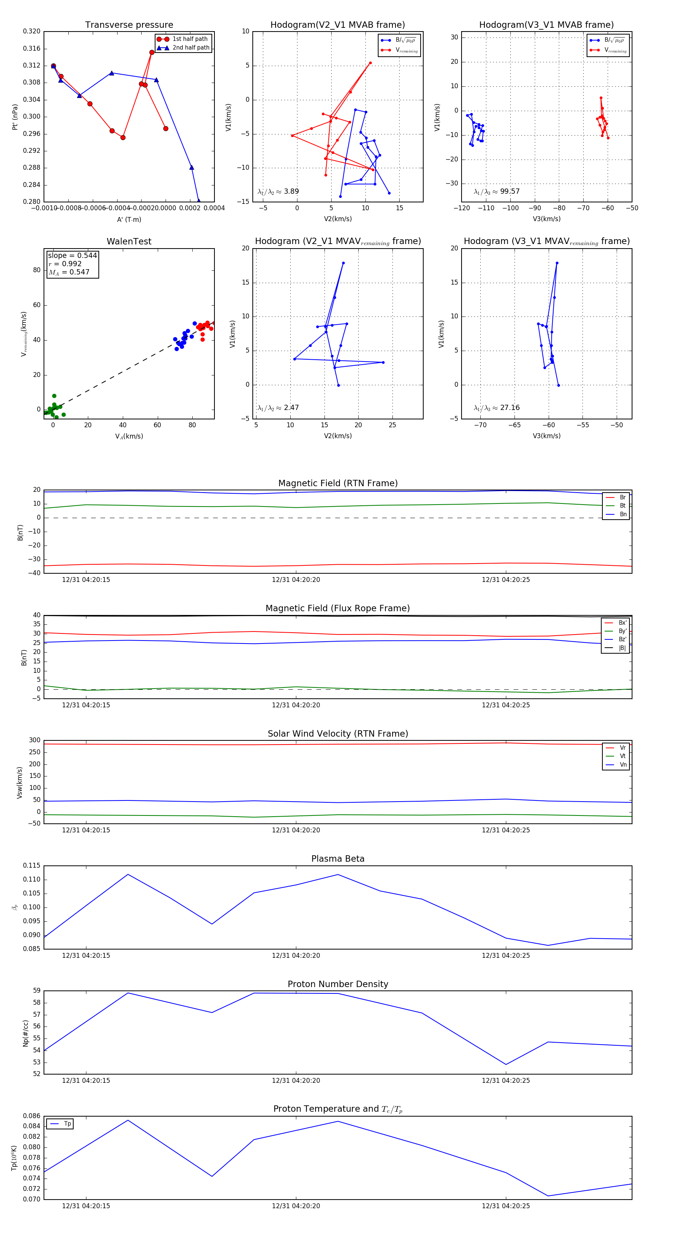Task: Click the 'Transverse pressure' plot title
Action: click(129, 25)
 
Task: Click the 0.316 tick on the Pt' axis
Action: click(32, 48)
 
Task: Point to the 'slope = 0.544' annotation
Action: click(72, 255)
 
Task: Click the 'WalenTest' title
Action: click(129, 241)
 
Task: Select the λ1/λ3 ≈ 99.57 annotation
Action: click(496, 191)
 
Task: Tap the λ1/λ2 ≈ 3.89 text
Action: click(278, 191)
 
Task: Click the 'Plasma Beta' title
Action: click(338, 859)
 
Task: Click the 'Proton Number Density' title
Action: click(338, 984)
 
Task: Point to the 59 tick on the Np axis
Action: click(36, 990)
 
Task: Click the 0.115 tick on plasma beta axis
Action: click(32, 866)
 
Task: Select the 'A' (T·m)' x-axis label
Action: click(129, 220)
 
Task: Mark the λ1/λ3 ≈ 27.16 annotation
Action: click(496, 408)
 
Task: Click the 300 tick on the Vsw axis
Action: click(35, 740)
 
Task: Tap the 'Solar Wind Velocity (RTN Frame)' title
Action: click(338, 734)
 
